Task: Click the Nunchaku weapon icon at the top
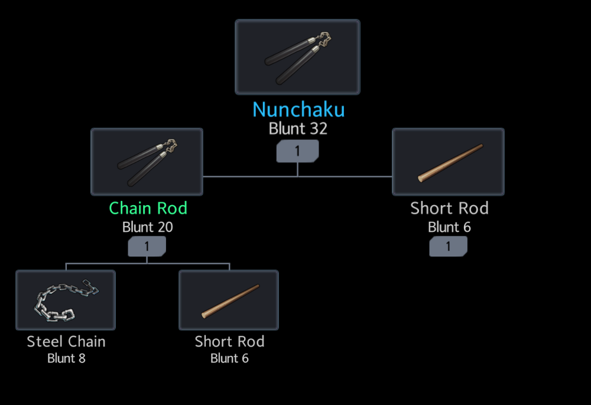click(x=297, y=57)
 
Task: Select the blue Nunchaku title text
click(x=298, y=109)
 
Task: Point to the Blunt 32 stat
click(x=298, y=128)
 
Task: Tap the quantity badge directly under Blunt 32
click(x=297, y=151)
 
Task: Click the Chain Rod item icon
click(x=147, y=161)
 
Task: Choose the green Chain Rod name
click(x=148, y=208)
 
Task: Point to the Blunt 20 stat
click(x=147, y=227)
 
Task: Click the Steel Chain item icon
click(x=66, y=300)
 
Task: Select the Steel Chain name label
click(x=66, y=341)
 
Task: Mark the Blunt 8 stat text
click(x=66, y=358)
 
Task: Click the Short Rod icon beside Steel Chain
click(x=229, y=300)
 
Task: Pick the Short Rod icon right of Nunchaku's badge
click(x=448, y=161)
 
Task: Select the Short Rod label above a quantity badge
click(x=449, y=208)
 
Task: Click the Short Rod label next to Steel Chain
click(x=229, y=341)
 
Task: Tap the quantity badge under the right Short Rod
click(x=448, y=247)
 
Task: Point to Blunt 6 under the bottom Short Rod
click(x=229, y=358)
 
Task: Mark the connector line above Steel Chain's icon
click(x=66, y=266)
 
